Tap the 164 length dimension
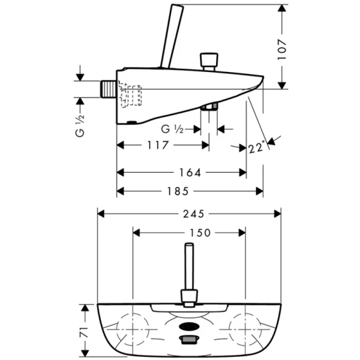(190, 173)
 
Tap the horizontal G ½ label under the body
(172, 129)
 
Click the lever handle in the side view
(169, 36)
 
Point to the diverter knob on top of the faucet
(208, 61)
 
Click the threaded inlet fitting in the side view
(109, 88)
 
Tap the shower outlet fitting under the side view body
(208, 107)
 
